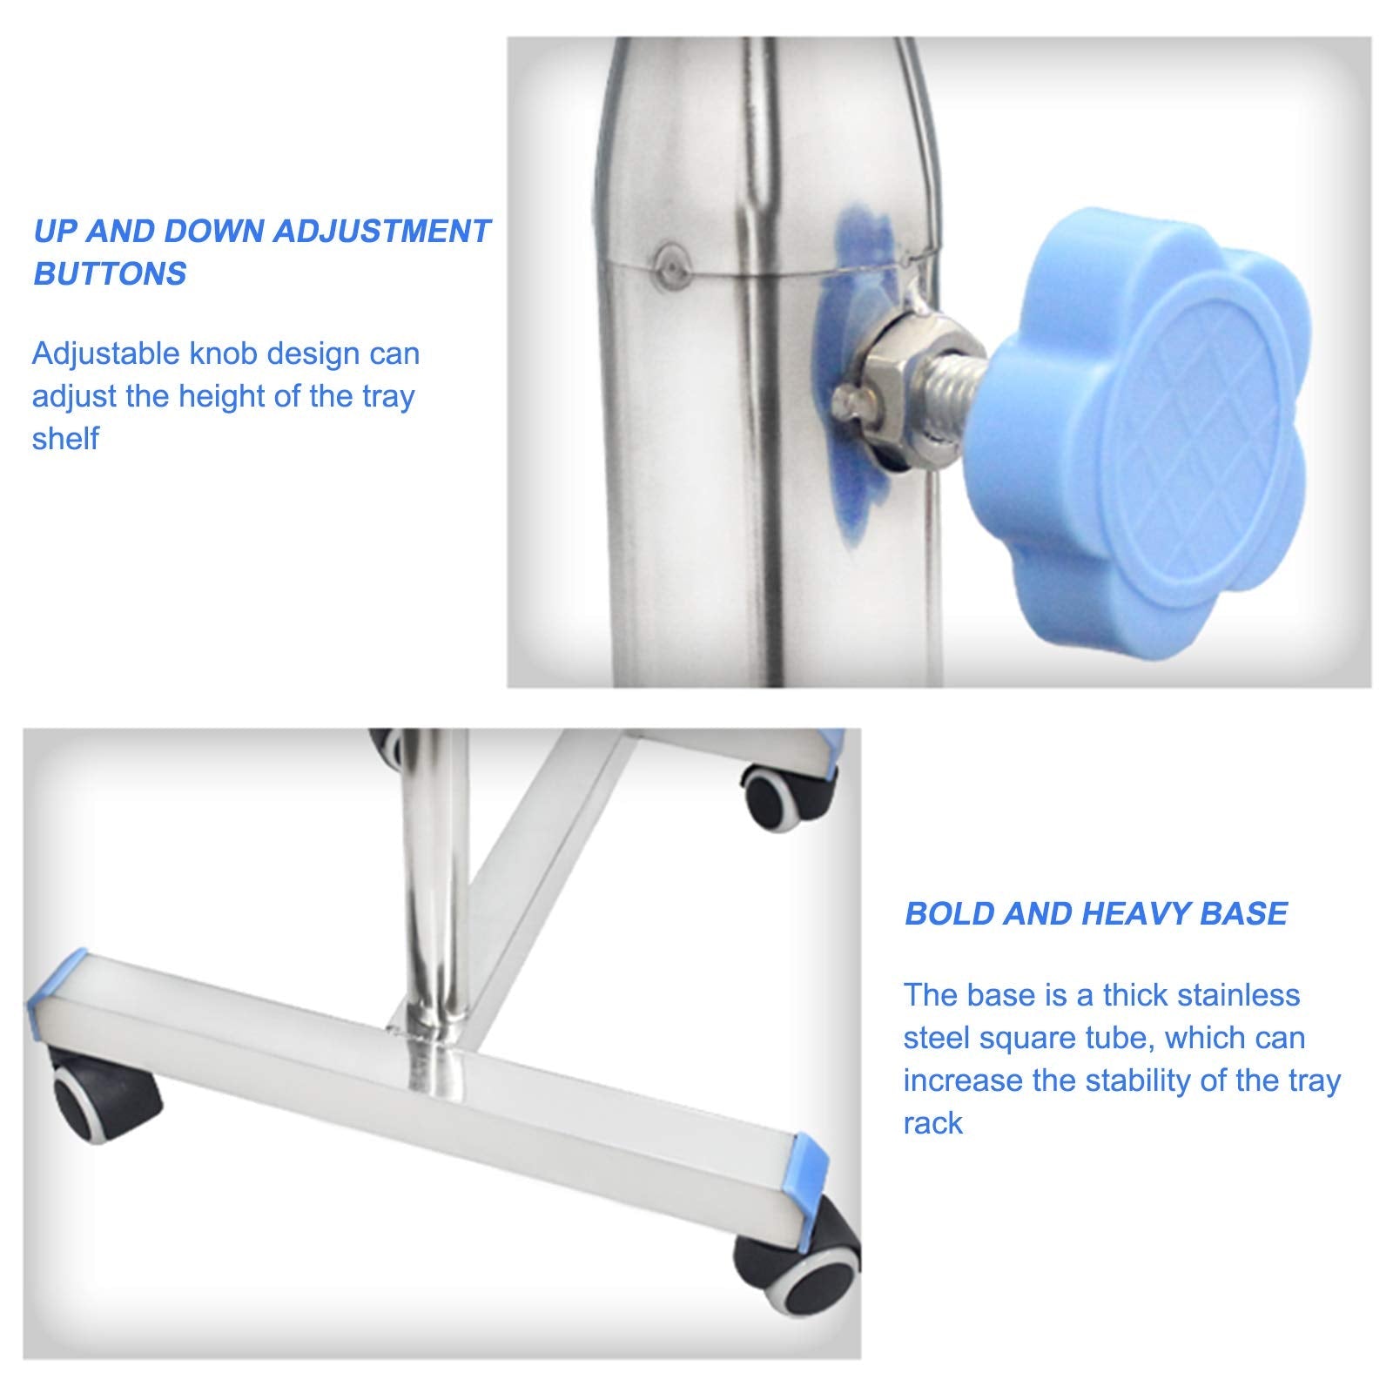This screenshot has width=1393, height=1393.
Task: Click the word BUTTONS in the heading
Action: (x=110, y=274)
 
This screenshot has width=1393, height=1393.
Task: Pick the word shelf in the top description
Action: (x=65, y=439)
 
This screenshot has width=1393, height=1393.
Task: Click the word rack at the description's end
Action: (x=932, y=1124)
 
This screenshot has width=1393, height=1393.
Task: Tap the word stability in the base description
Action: (x=1130, y=1082)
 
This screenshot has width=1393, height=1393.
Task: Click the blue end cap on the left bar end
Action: (x=57, y=984)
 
